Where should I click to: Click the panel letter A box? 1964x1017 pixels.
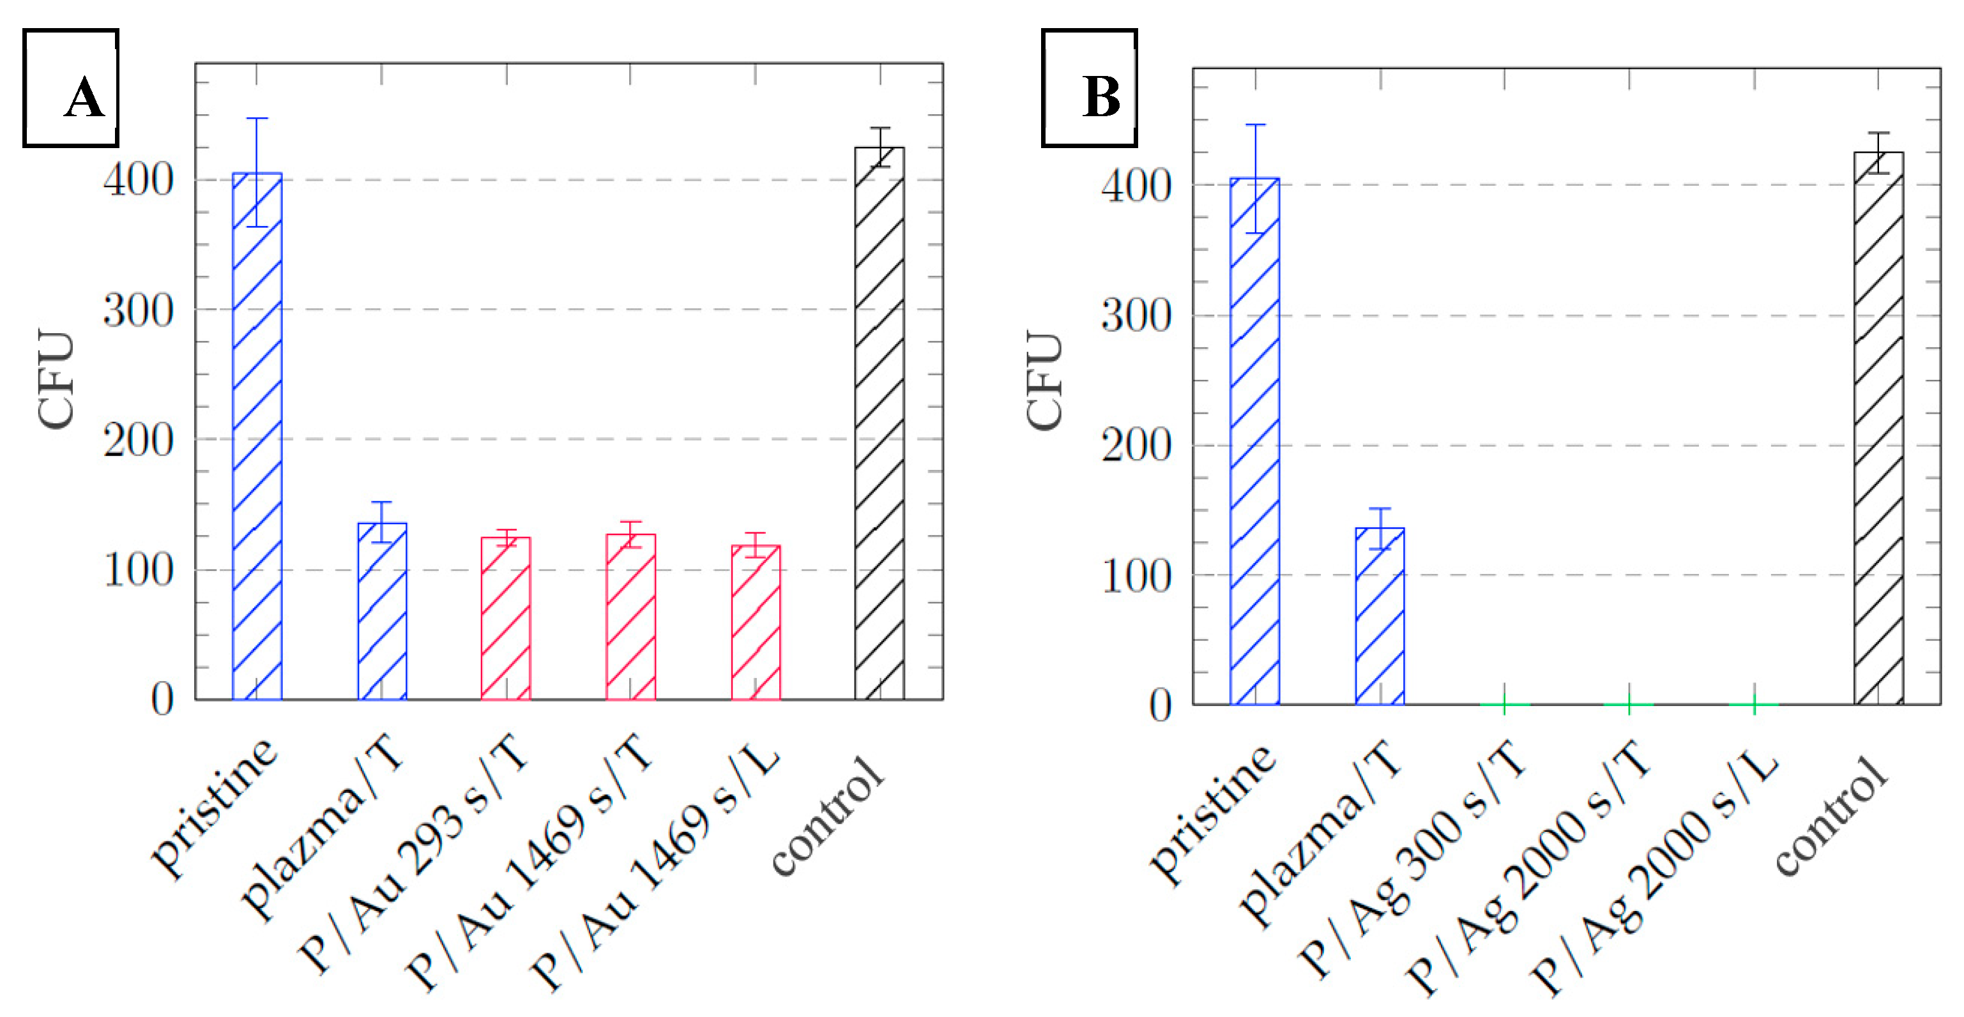(71, 87)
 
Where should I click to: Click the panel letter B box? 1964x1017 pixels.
(1089, 87)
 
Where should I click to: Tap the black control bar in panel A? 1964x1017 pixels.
(879, 423)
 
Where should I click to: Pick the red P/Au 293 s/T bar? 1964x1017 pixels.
(505, 618)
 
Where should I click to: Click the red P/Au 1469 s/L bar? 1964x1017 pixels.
(756, 622)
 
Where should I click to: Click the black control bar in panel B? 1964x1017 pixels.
(1878, 428)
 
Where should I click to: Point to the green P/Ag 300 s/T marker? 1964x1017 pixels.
(1504, 704)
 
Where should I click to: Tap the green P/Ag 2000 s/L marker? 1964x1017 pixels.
(1754, 704)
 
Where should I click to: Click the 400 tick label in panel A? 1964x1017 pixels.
(139, 181)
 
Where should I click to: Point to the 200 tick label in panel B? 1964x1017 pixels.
(1136, 446)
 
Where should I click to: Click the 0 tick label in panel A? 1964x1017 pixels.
(162, 700)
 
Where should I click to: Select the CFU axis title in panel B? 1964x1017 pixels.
(1044, 380)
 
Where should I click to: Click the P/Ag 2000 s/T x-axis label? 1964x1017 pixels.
(1528, 869)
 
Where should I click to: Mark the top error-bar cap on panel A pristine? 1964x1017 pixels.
(257, 118)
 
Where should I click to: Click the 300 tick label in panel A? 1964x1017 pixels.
(139, 311)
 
